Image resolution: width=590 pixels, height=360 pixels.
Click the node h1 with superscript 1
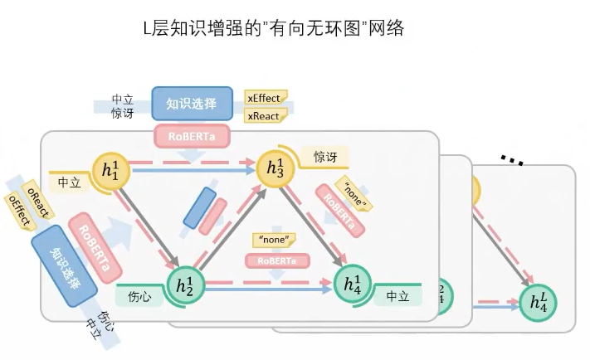pyautogui.click(x=110, y=170)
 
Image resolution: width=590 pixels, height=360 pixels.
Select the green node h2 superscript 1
pyautogui.click(x=183, y=286)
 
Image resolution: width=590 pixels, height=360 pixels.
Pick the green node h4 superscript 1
pyautogui.click(x=353, y=284)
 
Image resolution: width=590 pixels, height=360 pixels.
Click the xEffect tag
pyautogui.click(x=265, y=98)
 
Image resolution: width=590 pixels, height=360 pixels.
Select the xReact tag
pyautogui.click(x=264, y=116)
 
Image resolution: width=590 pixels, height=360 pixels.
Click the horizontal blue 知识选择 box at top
pyautogui.click(x=192, y=104)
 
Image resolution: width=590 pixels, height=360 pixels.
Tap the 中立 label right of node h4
pyautogui.click(x=397, y=296)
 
